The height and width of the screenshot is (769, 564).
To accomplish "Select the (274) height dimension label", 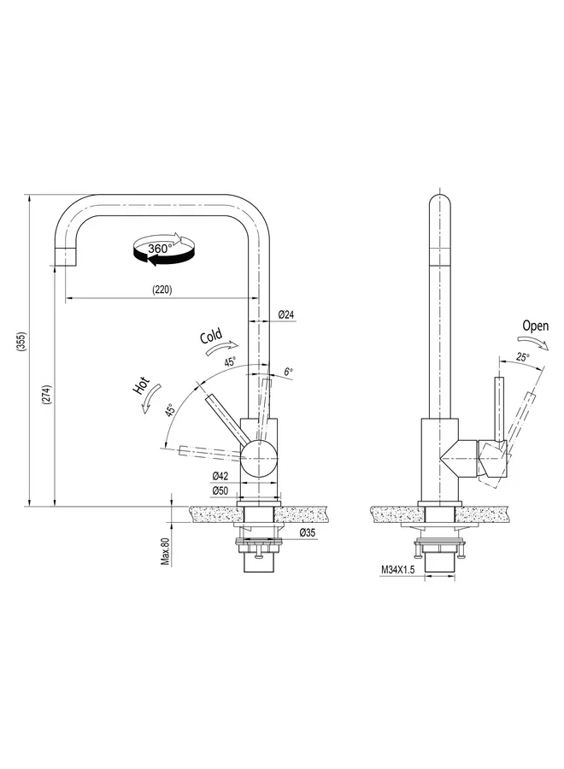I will (47, 394).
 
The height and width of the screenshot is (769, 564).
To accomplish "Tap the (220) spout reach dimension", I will (162, 290).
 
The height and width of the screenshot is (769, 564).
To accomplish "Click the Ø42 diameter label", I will (220, 476).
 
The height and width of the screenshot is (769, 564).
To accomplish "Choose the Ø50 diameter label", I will (220, 490).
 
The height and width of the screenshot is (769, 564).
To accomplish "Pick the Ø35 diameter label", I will (308, 533).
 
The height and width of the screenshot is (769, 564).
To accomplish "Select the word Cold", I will (211, 336).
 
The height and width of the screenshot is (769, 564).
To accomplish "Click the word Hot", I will (142, 385).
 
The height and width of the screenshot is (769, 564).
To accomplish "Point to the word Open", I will (536, 326).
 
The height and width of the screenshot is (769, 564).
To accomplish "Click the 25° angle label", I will (521, 357).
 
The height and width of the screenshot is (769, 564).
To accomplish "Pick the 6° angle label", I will (288, 372).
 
